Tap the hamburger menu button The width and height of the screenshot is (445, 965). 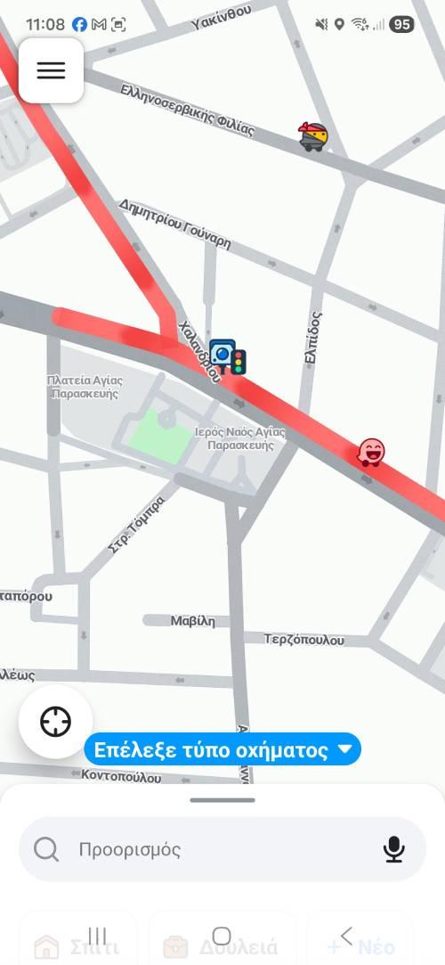point(51,70)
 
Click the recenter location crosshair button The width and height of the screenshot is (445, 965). point(55,721)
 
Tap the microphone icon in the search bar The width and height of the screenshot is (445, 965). point(393,849)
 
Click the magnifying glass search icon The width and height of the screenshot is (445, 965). point(46,849)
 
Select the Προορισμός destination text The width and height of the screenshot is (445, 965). point(130,849)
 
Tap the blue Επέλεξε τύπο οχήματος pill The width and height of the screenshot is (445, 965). point(222,750)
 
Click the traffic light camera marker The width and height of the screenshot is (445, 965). point(228,356)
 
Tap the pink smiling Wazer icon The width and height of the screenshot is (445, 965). point(371,453)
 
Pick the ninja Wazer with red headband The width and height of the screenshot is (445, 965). point(313,135)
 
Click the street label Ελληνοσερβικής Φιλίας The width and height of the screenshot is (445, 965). point(187,110)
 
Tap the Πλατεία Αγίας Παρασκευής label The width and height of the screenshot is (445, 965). point(85,386)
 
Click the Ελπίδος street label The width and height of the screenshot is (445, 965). point(312,337)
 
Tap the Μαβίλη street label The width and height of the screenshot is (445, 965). point(193,621)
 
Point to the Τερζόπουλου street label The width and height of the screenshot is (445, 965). point(303,639)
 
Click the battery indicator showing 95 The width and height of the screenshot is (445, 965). point(401,24)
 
